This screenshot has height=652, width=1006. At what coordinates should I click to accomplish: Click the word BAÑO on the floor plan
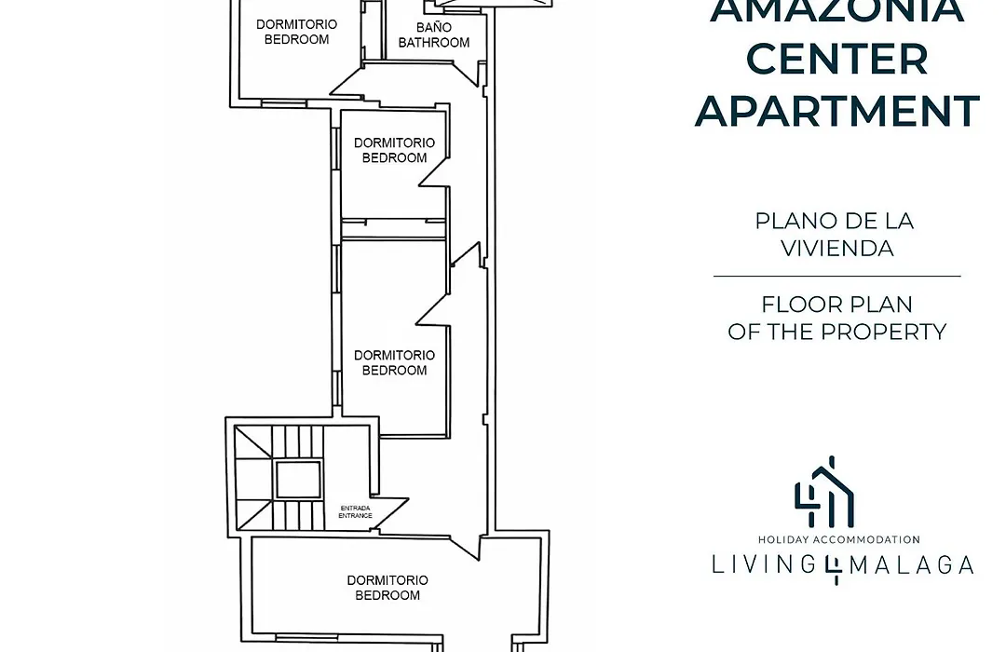[x=434, y=28]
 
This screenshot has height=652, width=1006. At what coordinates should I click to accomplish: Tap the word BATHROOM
[x=434, y=43]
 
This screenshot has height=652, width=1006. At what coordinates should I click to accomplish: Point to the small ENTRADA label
[x=355, y=509]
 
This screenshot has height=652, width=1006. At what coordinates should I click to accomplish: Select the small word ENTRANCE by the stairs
[x=355, y=515]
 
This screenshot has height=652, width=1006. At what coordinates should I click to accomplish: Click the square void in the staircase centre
[x=298, y=480]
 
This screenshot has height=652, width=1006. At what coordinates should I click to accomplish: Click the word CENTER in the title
[x=836, y=59]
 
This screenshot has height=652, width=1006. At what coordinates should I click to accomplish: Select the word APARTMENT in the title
[x=836, y=111]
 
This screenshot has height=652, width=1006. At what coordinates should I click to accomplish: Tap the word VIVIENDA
[x=836, y=249]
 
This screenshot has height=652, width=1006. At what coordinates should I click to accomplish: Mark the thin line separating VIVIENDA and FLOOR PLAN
[x=836, y=276]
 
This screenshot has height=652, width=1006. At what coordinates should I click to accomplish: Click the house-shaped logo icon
[x=824, y=492]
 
